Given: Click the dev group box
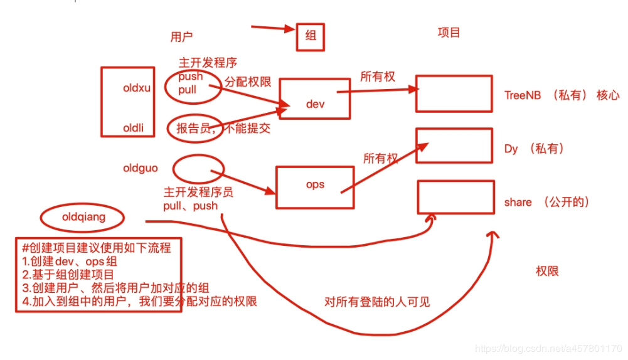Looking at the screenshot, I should click(314, 98).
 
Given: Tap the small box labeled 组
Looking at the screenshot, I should click(311, 37).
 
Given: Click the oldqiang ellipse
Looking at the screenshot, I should click(82, 218).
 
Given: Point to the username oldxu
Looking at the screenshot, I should click(137, 88).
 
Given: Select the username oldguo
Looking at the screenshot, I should click(141, 168).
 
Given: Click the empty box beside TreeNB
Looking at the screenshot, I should click(454, 93).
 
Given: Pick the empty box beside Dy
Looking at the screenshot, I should click(454, 145).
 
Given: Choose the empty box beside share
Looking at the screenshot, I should click(454, 197).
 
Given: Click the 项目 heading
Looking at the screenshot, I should click(449, 33).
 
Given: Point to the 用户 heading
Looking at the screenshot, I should click(181, 37).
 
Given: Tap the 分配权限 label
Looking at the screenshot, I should click(247, 82).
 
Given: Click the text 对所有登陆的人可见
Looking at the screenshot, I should click(378, 302).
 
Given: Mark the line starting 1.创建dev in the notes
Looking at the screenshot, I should click(68, 261).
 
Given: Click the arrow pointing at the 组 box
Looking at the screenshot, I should click(272, 28).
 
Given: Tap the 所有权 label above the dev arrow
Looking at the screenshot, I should click(378, 77).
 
